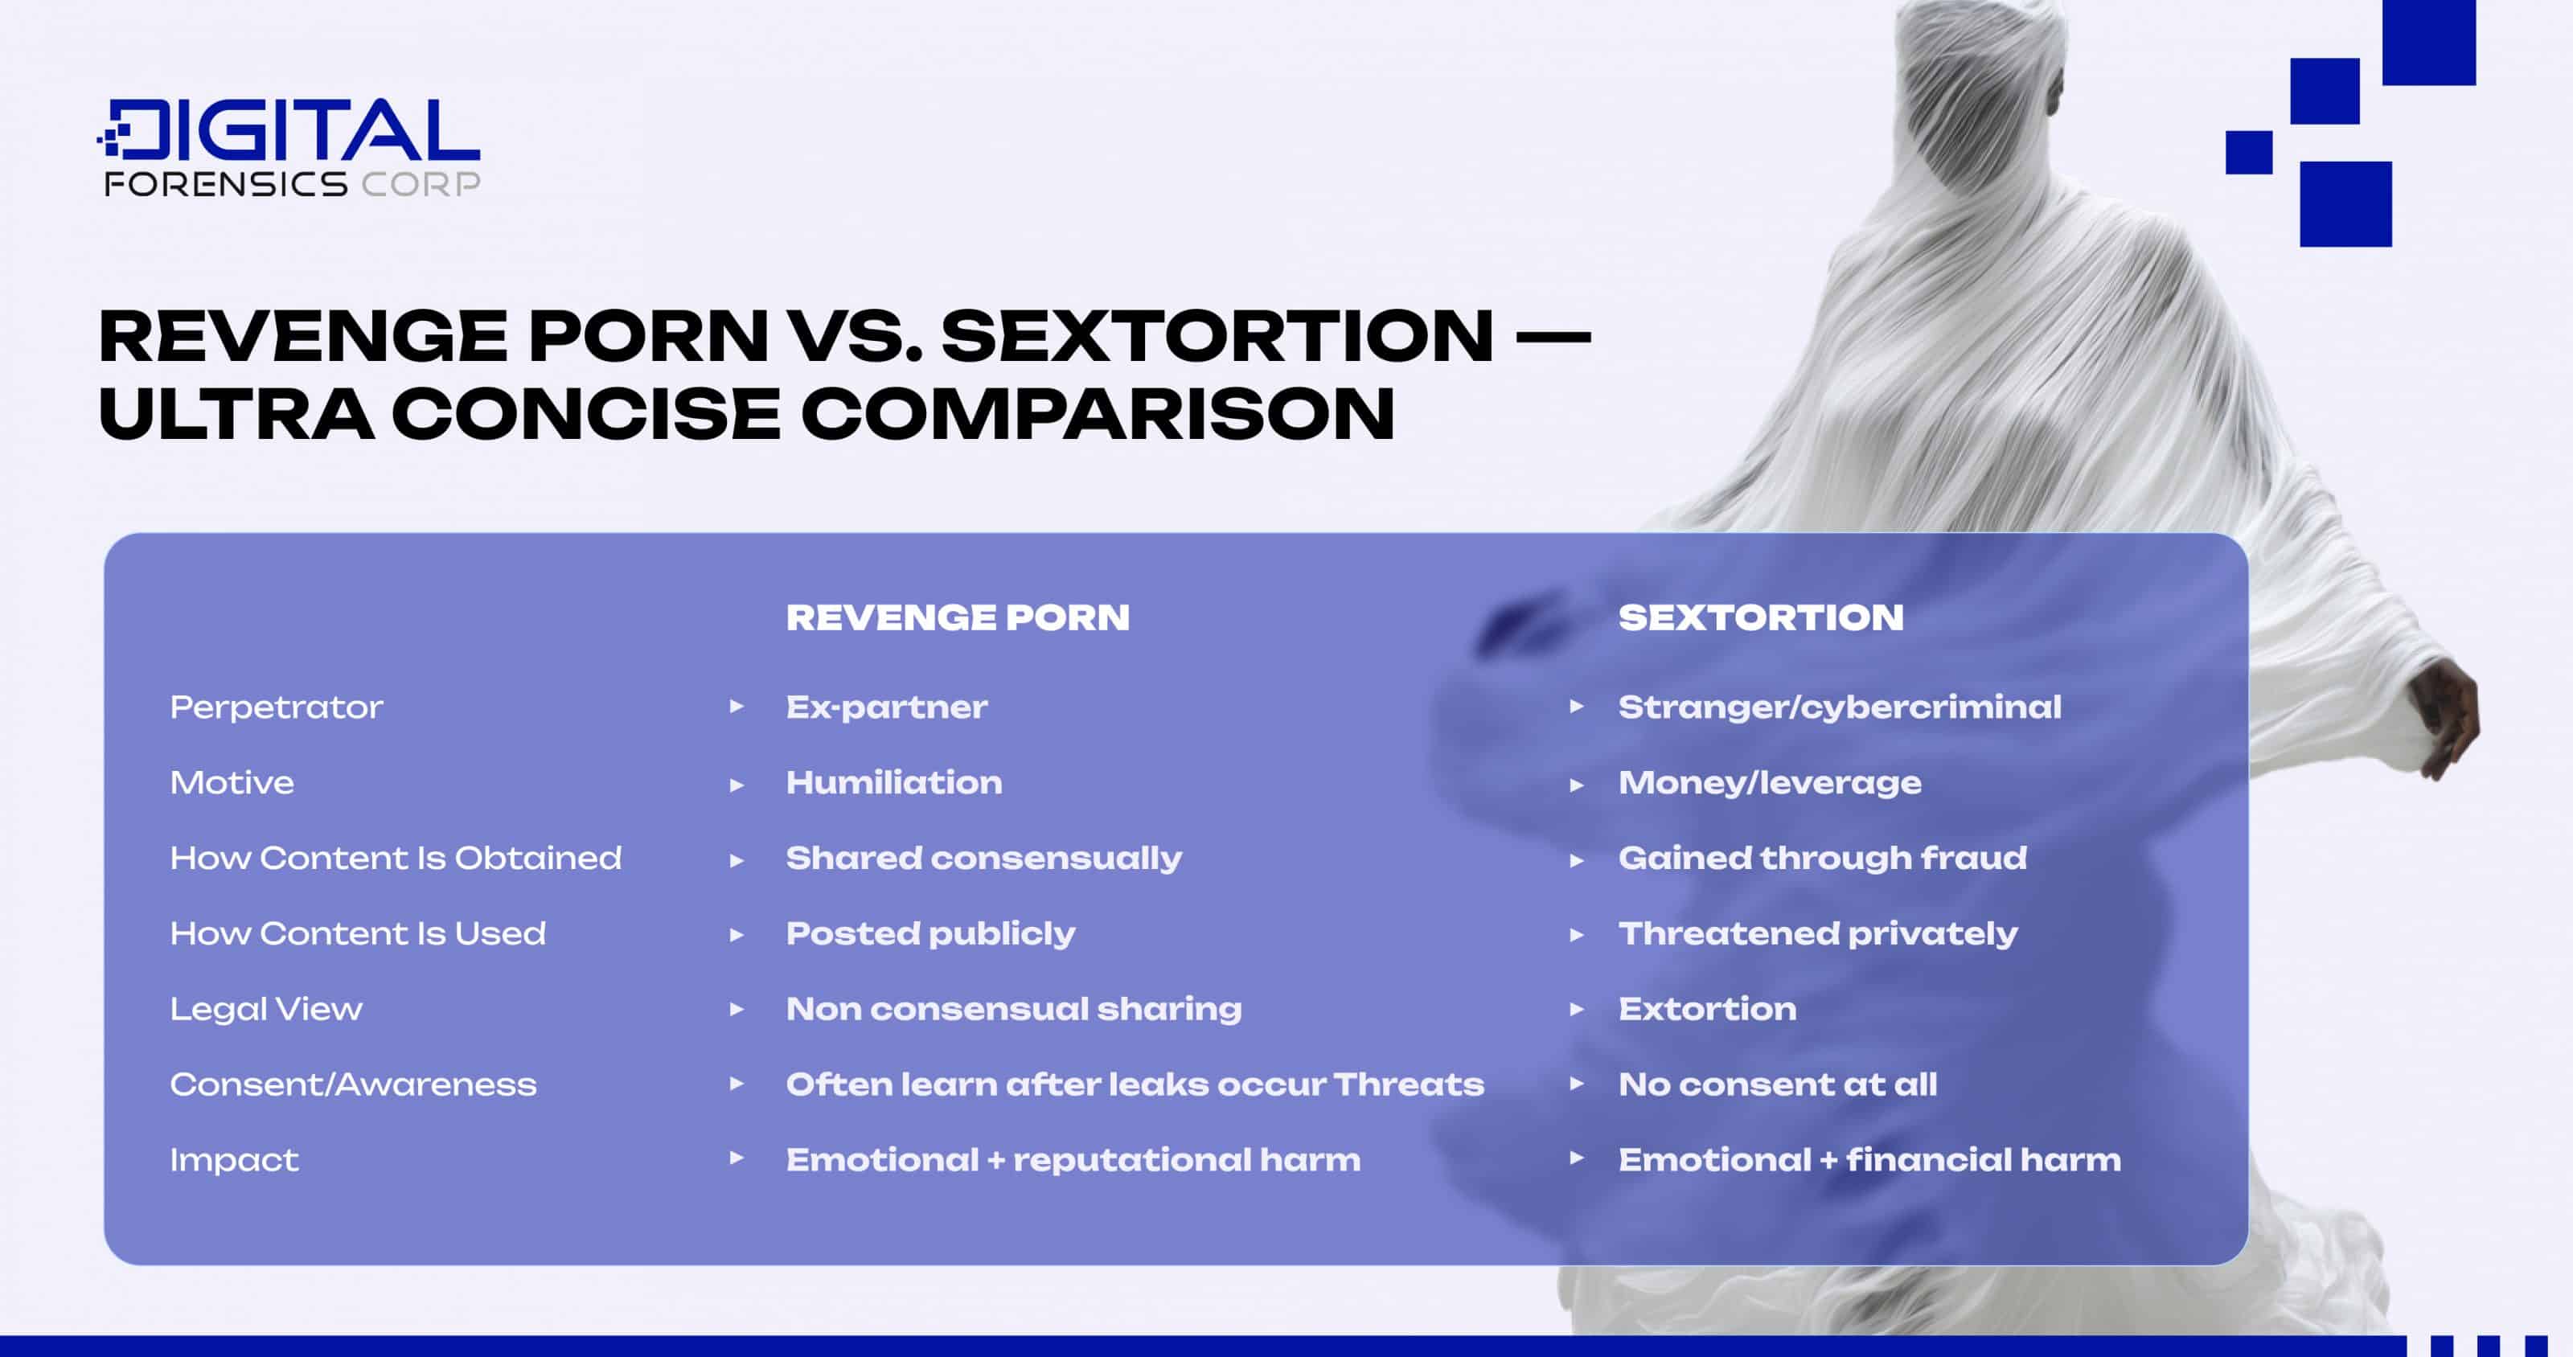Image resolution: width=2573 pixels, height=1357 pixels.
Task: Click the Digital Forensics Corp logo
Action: point(289,147)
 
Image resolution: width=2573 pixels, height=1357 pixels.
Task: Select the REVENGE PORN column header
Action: point(957,617)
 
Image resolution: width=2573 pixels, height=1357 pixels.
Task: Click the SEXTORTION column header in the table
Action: point(1760,617)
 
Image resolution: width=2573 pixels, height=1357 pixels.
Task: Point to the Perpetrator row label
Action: point(276,707)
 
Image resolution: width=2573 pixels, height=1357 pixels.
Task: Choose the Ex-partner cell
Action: point(886,707)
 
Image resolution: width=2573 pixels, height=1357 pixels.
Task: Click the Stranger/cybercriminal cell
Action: point(1839,707)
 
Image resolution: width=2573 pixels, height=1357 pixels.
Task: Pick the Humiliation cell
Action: point(893,782)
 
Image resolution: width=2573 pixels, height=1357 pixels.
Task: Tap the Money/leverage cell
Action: point(1769,782)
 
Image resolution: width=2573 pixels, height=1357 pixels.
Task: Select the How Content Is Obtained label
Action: point(396,858)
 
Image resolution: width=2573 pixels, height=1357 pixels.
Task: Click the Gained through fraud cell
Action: point(1822,858)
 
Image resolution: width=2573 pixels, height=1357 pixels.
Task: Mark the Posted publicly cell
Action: point(930,933)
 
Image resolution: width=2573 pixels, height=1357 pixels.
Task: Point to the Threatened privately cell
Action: point(1817,933)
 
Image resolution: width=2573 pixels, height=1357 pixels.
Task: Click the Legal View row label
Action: point(265,1009)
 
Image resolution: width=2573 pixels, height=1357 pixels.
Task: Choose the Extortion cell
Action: point(1707,1009)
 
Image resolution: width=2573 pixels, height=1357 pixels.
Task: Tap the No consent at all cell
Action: point(1777,1084)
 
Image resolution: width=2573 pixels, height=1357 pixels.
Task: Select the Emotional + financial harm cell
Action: point(1869,1159)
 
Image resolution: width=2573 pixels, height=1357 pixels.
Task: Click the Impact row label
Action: point(234,1159)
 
